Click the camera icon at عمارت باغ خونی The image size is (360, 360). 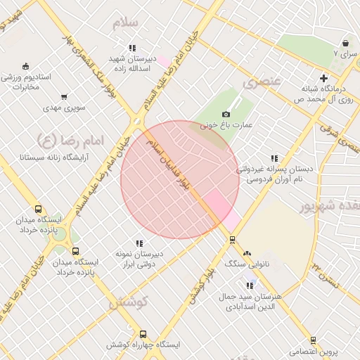tap(226, 114)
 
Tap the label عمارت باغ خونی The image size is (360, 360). tap(226, 126)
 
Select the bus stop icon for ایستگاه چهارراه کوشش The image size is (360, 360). tap(143, 334)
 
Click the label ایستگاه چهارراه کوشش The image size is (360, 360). tap(143, 345)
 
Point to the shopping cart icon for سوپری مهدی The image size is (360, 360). tap(64, 97)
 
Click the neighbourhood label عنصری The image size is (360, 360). tap(261, 83)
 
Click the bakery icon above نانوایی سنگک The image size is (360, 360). tap(246, 254)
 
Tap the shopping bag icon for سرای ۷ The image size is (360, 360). tap(345, 43)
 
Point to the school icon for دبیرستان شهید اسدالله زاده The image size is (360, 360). tap(132, 48)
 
